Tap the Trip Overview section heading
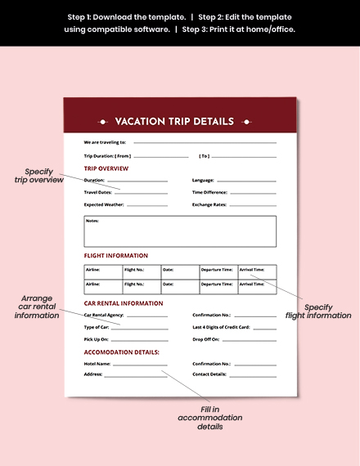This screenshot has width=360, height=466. [x=106, y=168]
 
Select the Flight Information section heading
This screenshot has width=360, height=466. [x=116, y=256]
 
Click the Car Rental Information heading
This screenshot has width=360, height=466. [x=124, y=303]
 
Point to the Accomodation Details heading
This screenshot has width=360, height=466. [x=122, y=352]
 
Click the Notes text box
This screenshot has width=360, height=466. [x=180, y=231]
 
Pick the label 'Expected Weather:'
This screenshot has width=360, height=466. [x=104, y=204]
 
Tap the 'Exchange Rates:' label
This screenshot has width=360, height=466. [x=209, y=204]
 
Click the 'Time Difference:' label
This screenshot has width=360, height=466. [x=209, y=192]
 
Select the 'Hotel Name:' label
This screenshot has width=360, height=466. [x=97, y=364]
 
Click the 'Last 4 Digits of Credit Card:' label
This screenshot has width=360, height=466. [x=221, y=327]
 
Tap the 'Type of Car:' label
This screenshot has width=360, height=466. [x=97, y=327]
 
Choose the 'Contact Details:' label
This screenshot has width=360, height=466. [x=209, y=374]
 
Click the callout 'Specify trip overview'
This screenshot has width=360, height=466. [x=39, y=175]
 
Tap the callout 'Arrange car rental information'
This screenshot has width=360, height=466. [x=38, y=307]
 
